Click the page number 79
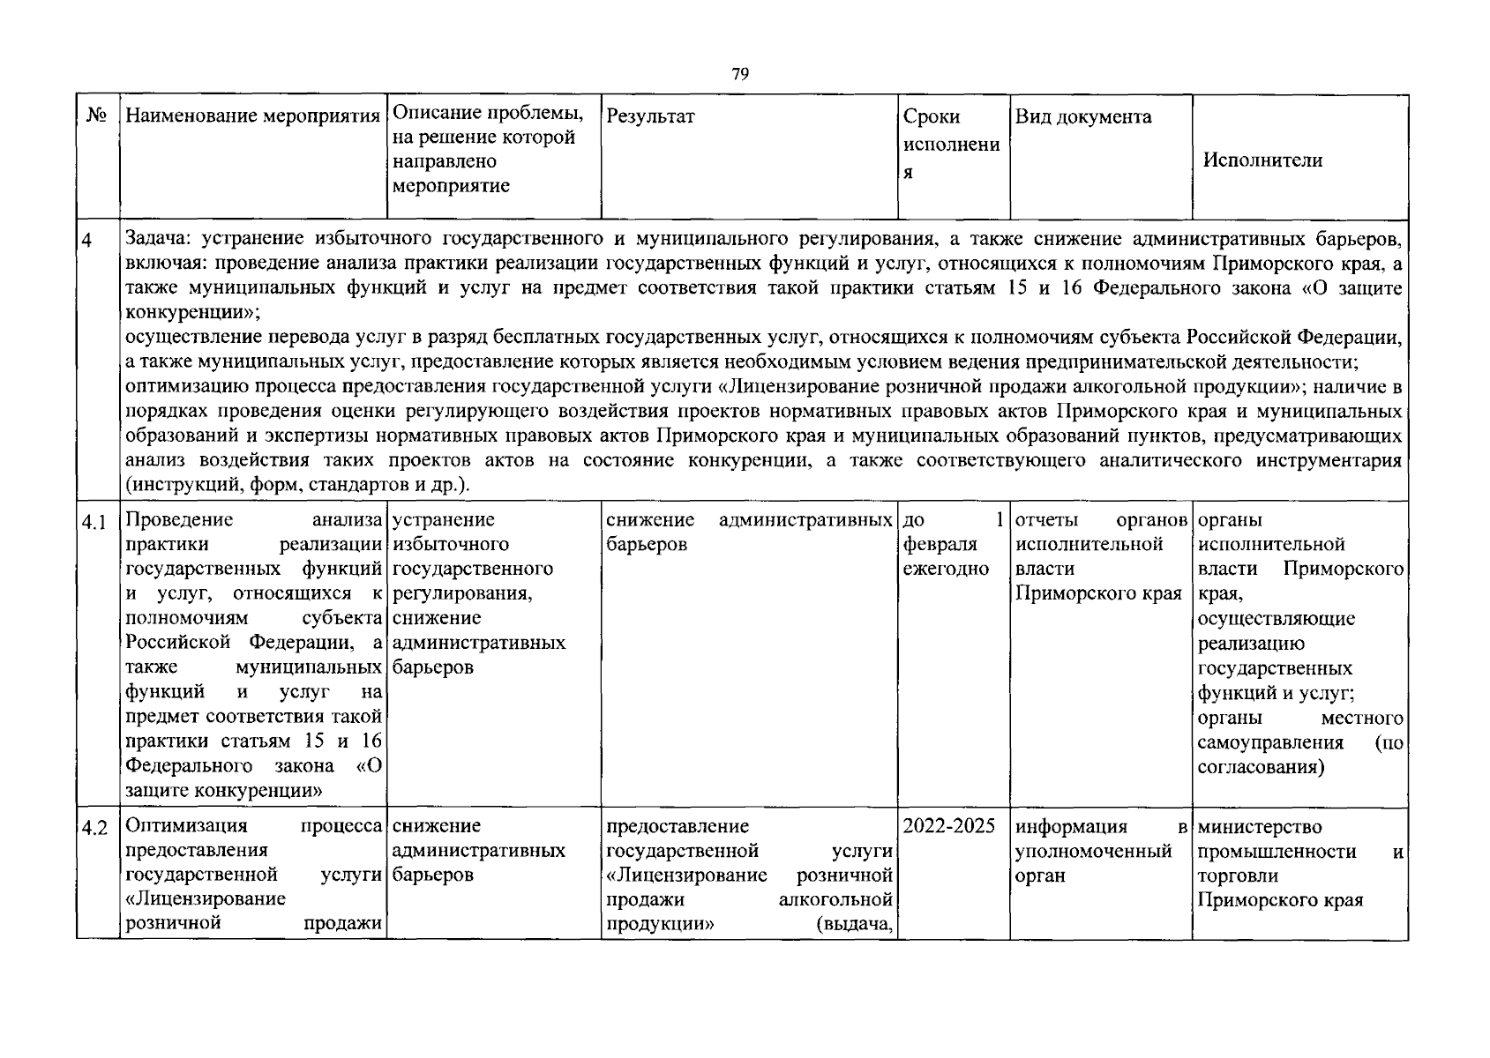click(740, 75)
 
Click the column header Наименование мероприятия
click(253, 116)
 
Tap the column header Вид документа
click(1083, 116)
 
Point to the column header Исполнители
click(1262, 160)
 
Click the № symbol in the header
click(97, 116)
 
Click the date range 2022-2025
click(949, 826)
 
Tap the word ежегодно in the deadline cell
click(946, 569)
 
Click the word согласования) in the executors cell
click(1261, 766)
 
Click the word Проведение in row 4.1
click(179, 519)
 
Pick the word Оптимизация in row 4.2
click(186, 826)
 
